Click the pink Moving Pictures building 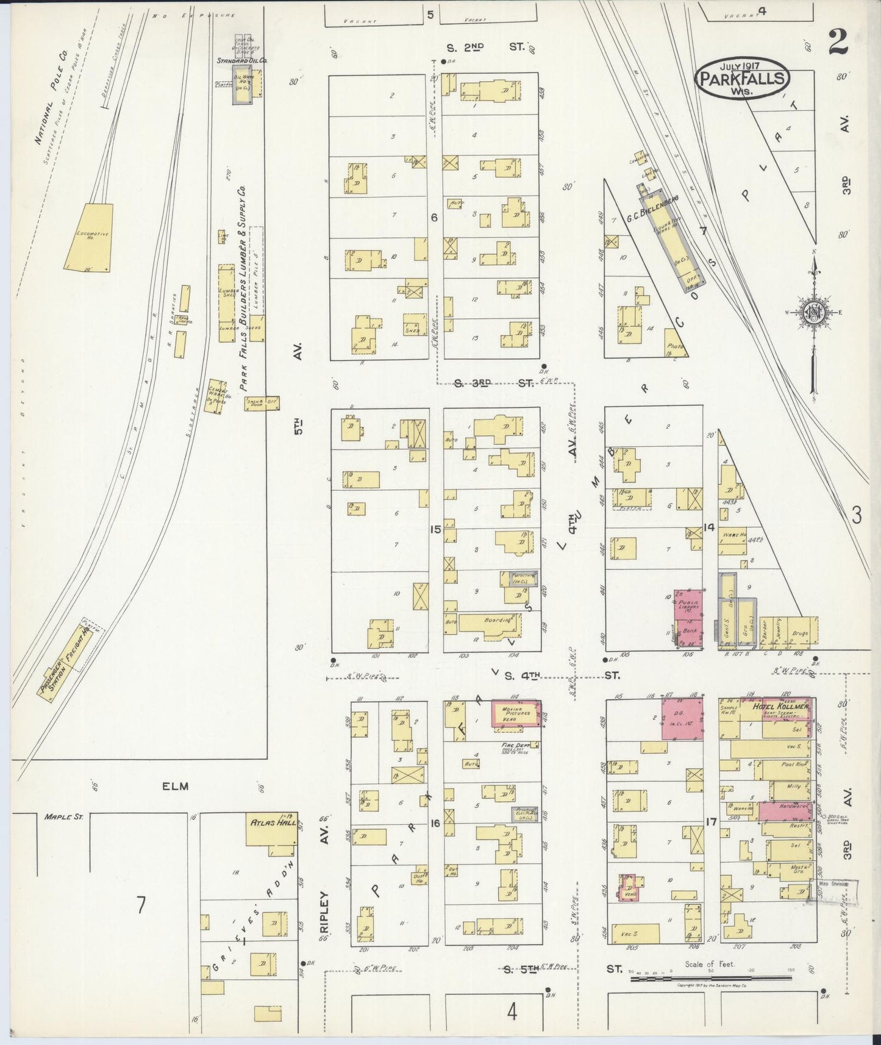(516, 714)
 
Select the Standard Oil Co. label (243, 61)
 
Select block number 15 (435, 529)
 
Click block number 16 (435, 823)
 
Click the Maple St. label (59, 816)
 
